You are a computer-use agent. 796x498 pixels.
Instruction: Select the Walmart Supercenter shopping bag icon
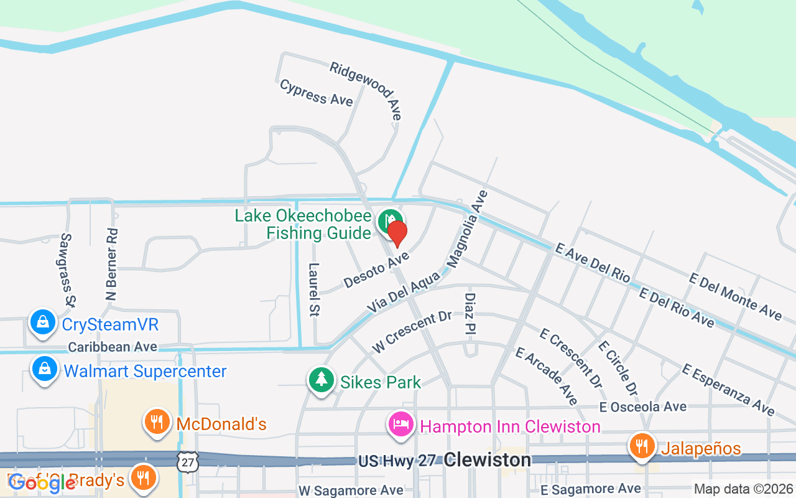(x=45, y=370)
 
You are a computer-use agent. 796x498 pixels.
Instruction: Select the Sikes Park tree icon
(x=322, y=379)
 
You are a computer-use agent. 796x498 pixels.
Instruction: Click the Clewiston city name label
(x=488, y=461)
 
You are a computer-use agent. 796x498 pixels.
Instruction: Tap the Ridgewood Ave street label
(x=366, y=90)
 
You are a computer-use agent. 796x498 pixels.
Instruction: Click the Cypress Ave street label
(x=316, y=93)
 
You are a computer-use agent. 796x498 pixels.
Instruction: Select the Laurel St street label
(x=313, y=289)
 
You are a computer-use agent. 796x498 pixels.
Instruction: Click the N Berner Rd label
(x=113, y=264)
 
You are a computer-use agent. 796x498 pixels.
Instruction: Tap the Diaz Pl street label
(x=470, y=314)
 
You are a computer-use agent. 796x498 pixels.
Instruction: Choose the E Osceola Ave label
(x=643, y=407)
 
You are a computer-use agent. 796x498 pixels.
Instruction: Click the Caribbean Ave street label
(x=113, y=347)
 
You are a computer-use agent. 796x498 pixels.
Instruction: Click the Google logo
(x=42, y=482)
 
